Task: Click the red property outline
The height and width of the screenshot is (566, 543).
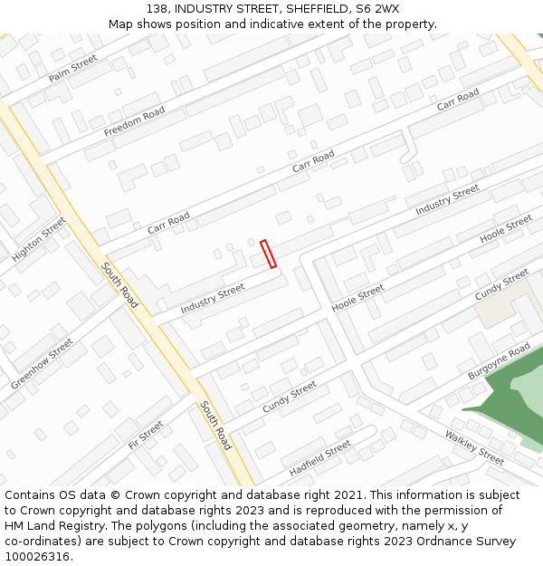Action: [x=268, y=254]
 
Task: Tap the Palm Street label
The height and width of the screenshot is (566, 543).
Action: [x=72, y=68]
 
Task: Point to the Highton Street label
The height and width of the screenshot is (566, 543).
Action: [x=39, y=240]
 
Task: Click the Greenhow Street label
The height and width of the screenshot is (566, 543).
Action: [x=42, y=364]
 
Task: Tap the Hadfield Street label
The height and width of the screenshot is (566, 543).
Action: [x=319, y=459]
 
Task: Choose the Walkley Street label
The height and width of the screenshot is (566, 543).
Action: [x=474, y=448]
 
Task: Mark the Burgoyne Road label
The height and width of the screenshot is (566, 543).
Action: [x=499, y=361]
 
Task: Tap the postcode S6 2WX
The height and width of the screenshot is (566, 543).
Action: [x=376, y=8]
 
